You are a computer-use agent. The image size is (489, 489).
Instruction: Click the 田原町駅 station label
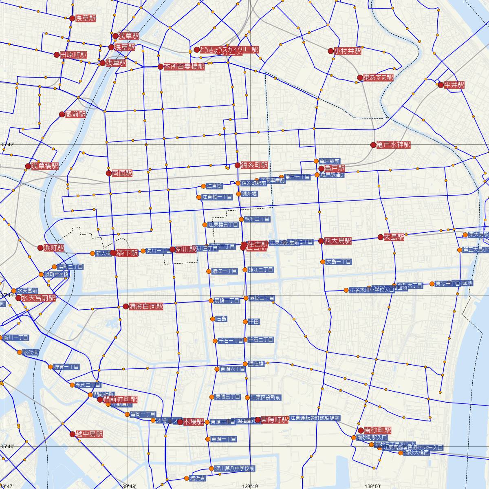coord(74,55)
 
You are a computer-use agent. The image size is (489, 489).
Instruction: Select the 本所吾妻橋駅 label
coord(184,66)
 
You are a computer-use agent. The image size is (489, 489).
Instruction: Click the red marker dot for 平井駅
coord(441,85)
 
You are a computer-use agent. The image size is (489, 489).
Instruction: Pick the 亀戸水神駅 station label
coord(394,145)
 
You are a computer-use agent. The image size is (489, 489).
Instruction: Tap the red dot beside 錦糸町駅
coord(238,165)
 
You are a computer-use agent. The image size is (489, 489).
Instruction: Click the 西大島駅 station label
coord(338,241)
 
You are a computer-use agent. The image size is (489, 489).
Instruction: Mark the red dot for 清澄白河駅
coord(126,306)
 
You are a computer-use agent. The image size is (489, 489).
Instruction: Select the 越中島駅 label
coord(89,434)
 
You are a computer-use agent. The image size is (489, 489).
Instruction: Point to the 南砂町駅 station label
coord(378,430)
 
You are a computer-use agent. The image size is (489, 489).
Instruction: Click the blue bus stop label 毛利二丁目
coord(257,219)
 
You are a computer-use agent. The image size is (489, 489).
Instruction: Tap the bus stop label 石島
coord(221,319)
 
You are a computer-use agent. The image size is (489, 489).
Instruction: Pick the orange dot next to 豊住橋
coord(245,363)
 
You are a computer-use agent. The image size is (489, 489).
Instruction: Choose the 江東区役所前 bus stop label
coord(266,397)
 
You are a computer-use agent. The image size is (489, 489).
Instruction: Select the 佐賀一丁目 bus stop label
coord(67,367)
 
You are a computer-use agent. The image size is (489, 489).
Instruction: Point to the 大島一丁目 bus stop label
coord(339,262)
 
